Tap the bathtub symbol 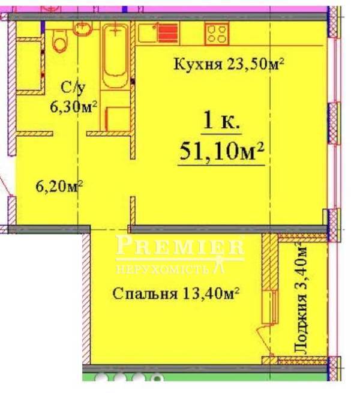click(115, 56)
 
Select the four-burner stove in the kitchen click(217, 34)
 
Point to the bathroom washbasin click(82, 28)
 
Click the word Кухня click(198, 64)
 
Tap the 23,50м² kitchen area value click(256, 64)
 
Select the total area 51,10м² click(221, 151)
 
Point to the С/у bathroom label click(73, 88)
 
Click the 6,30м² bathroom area click(73, 107)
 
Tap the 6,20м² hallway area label click(59, 186)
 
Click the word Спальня click(145, 293)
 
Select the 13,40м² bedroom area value click(211, 293)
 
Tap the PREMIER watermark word click(180, 245)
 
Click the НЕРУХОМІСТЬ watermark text click(163, 269)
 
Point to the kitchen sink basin click(148, 32)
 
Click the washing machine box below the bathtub click(118, 119)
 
